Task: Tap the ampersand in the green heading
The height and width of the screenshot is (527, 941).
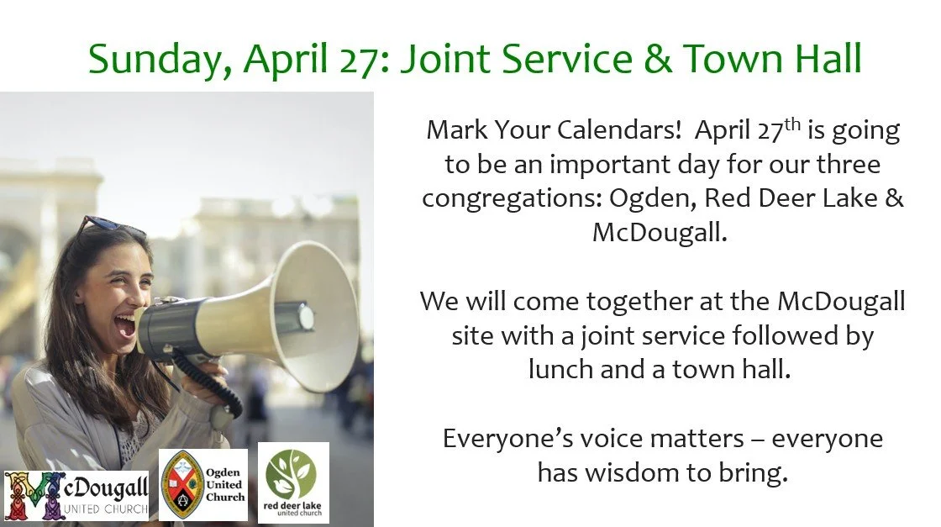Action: [658, 59]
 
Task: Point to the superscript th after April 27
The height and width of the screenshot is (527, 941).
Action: [792, 124]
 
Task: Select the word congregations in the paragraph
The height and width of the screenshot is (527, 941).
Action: [512, 199]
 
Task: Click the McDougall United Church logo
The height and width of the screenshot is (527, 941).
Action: [76, 495]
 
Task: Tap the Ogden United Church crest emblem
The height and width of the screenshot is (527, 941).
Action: [181, 484]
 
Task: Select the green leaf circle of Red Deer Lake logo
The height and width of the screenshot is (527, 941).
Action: [291, 474]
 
